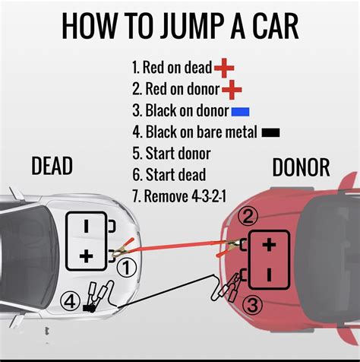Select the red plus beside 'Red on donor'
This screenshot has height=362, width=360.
pyautogui.click(x=232, y=90)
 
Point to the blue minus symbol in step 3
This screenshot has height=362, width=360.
pyautogui.click(x=241, y=112)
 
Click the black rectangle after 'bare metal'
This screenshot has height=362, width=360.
pyautogui.click(x=270, y=132)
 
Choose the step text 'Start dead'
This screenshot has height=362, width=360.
pyautogui.click(x=168, y=174)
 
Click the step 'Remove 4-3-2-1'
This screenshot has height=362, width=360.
pyautogui.click(x=180, y=195)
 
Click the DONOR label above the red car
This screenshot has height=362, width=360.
pyautogui.click(x=302, y=167)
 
